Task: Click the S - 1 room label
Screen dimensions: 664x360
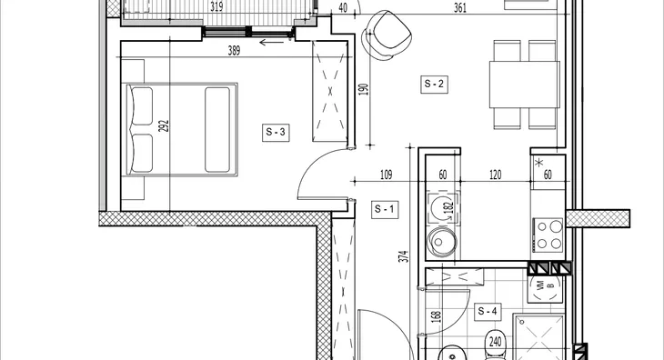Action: pos(385,209)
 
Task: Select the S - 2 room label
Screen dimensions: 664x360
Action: pos(434,85)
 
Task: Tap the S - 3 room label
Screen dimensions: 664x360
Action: pos(276,133)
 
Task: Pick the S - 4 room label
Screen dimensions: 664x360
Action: pos(487,312)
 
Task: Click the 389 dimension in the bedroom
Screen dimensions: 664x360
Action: pos(234,51)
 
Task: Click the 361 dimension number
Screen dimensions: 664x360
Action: pos(460,8)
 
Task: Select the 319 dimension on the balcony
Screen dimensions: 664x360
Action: pos(216,7)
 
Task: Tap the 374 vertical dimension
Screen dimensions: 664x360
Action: pos(405,256)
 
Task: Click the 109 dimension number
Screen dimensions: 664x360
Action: pos(387,175)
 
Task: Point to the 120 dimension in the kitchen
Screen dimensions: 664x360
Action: pos(495,175)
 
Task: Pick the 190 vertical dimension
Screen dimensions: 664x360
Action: pos(364,89)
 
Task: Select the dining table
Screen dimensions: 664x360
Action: pos(524,85)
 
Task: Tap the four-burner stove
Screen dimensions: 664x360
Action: pos(548,235)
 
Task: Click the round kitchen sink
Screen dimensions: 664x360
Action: pos(442,242)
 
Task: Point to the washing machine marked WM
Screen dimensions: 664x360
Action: pos(546,288)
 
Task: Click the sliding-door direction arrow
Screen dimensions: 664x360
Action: pos(271,42)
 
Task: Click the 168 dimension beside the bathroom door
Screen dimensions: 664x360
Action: pos(438,316)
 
